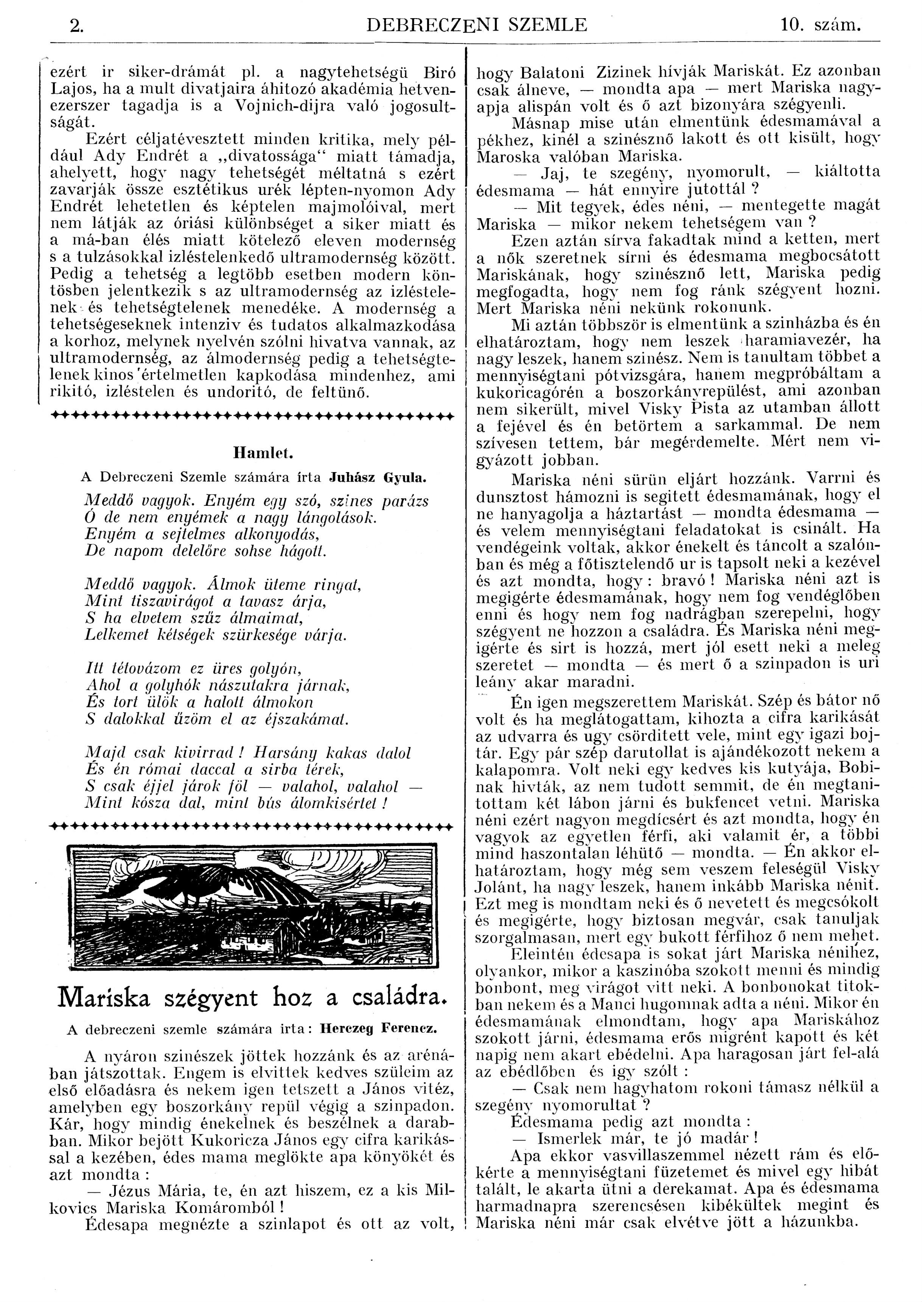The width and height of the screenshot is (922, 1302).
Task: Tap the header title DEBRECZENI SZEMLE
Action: pos(477,25)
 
